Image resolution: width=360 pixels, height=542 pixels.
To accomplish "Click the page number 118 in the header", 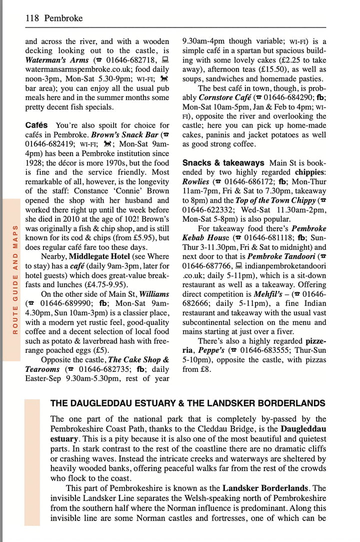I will coord(32,19).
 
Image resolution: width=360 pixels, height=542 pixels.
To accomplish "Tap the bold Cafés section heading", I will coord(36,125).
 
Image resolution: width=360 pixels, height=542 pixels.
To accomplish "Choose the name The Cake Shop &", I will coord(138,359).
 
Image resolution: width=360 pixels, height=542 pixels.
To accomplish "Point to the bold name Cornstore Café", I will coord(224,98).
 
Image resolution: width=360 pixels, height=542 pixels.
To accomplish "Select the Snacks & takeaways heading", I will coord(223,163).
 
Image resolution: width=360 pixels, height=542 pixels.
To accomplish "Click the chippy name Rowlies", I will coord(195,181).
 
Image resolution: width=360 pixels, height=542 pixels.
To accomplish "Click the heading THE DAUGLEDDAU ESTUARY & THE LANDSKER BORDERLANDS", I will coord(187,403).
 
